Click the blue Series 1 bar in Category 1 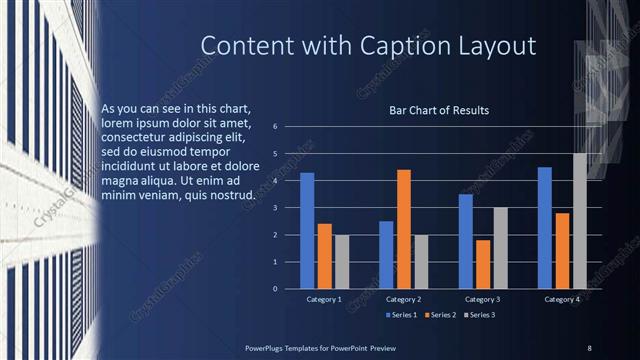(307, 231)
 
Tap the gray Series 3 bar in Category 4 (580, 221)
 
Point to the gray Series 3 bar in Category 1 (342, 262)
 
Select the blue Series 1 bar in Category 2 (386, 255)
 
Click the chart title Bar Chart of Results (439, 110)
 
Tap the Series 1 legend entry (402, 315)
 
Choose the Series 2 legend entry (443, 315)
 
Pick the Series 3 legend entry (484, 315)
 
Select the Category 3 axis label (483, 299)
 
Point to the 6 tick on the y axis (288, 127)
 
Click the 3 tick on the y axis (288, 208)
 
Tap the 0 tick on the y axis (288, 289)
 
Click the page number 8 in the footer (589, 347)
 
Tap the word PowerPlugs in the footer (268, 347)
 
